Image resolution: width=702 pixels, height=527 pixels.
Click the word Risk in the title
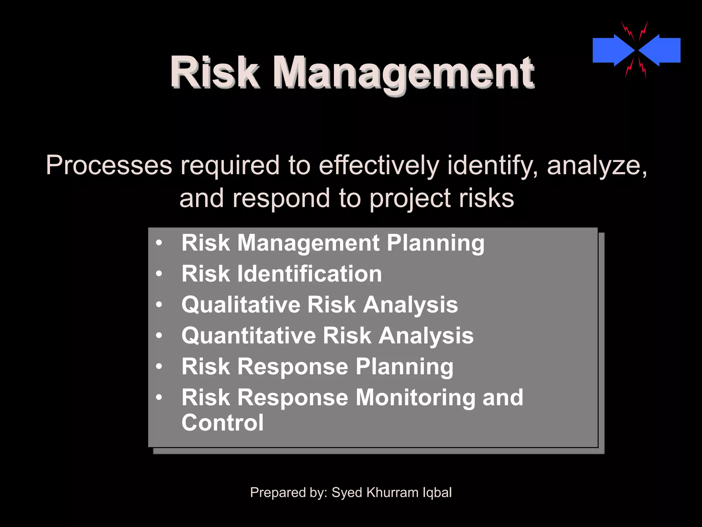pos(214,73)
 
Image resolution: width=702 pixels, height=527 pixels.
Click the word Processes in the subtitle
pos(109,166)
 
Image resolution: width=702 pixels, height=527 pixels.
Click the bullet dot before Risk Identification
pos(159,274)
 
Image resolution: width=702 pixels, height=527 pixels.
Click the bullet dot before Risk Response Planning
pos(159,366)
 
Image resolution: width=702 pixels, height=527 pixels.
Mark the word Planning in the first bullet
pos(436,244)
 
